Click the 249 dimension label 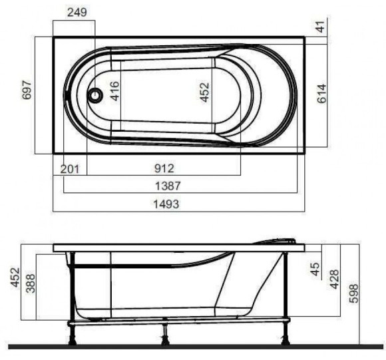77,12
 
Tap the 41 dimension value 321,27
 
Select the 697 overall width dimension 27,90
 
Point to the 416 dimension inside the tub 114,91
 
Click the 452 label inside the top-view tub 204,92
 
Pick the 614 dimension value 321,94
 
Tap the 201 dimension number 70,169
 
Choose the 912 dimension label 164,168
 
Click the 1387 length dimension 168,186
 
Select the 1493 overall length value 166,204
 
